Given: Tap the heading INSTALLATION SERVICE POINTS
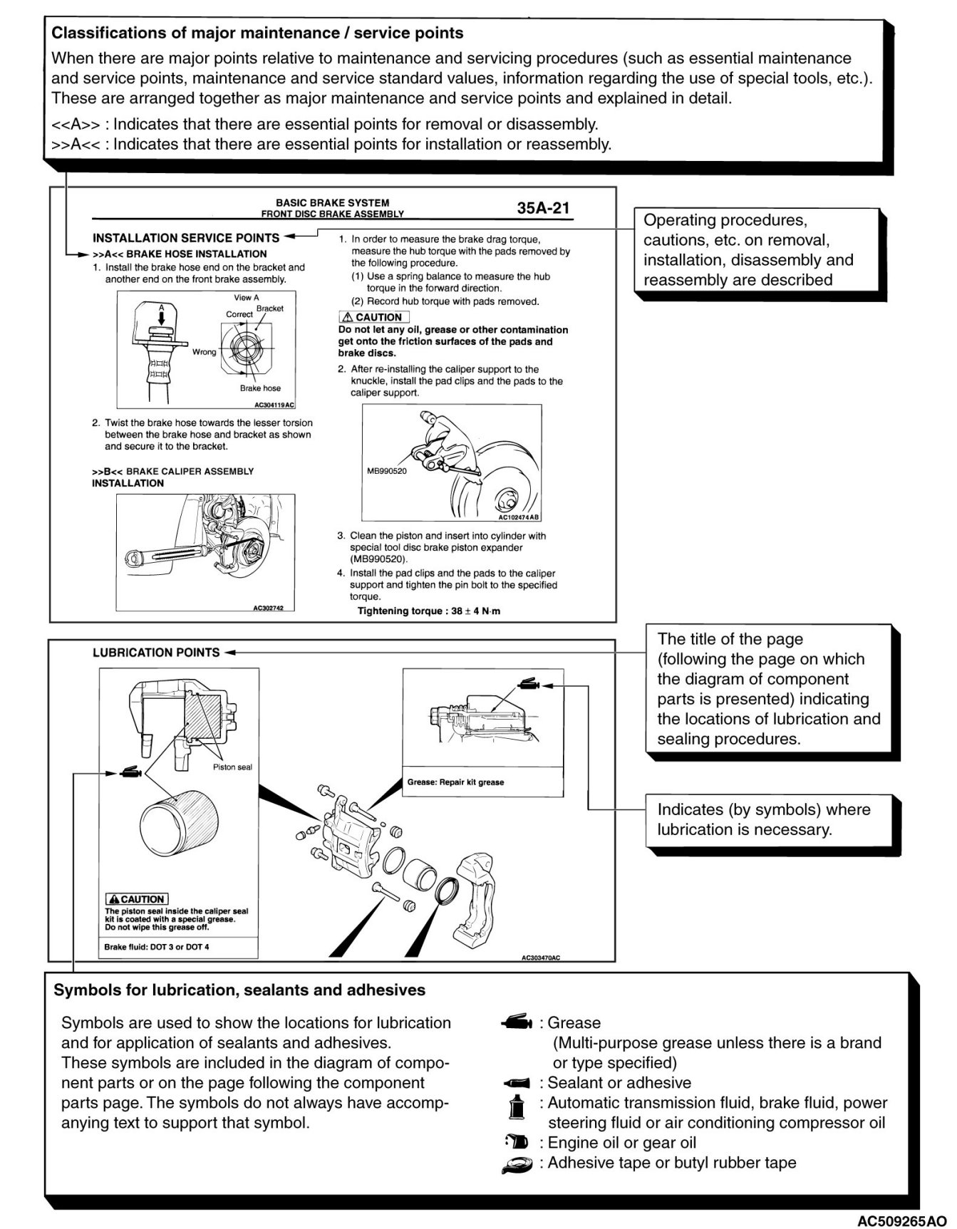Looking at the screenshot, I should point(186,238).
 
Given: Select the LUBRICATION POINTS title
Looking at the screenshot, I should point(156,652).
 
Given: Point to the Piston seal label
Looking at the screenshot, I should point(232,767).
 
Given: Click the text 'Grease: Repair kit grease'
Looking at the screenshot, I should point(455,782).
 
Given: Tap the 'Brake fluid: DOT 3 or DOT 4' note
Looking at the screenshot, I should point(157,947).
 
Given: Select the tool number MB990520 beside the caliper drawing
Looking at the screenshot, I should point(387,471).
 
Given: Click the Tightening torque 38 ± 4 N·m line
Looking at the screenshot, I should point(429,611).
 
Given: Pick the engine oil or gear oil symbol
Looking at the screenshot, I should point(517,1142).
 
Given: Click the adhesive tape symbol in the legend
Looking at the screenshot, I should point(517,1164).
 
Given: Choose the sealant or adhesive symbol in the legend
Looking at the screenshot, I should point(517,1083).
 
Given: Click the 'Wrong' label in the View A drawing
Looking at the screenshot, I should point(204,352).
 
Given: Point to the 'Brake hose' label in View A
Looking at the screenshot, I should point(260,388).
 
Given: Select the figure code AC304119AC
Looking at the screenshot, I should point(274,405).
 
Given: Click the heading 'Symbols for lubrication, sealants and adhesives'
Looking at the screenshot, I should point(239,990).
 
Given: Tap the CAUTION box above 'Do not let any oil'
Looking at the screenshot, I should point(373,317).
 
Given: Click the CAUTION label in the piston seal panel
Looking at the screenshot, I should point(136,899).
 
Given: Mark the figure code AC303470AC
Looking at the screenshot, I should point(541,958).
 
